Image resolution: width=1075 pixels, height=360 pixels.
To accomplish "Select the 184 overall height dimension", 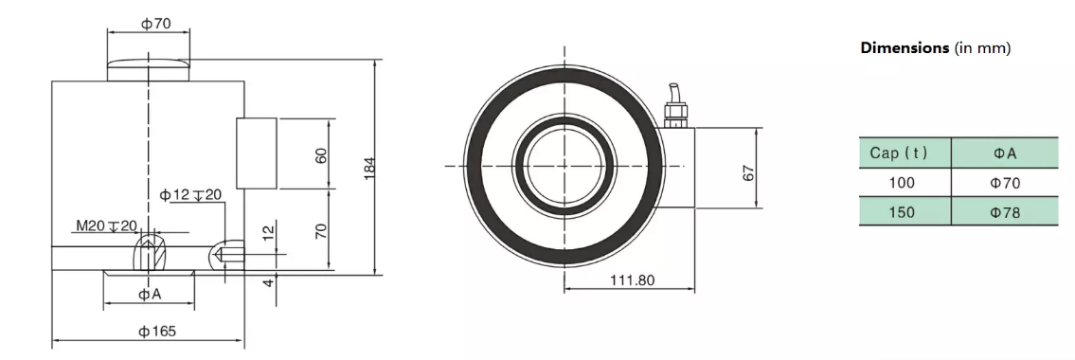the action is [369, 168].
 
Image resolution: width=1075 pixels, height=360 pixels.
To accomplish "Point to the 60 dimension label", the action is [321, 155].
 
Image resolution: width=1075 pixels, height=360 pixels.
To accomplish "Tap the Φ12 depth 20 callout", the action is [190, 195].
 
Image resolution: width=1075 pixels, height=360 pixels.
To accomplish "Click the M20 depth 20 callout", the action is [107, 225].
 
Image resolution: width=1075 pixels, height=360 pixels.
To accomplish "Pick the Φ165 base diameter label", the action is [157, 332].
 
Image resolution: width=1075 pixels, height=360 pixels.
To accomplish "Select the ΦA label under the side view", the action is [150, 295].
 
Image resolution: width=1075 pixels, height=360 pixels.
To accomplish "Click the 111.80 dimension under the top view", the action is [632, 279].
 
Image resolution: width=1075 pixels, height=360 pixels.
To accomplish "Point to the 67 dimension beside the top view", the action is [748, 172].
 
